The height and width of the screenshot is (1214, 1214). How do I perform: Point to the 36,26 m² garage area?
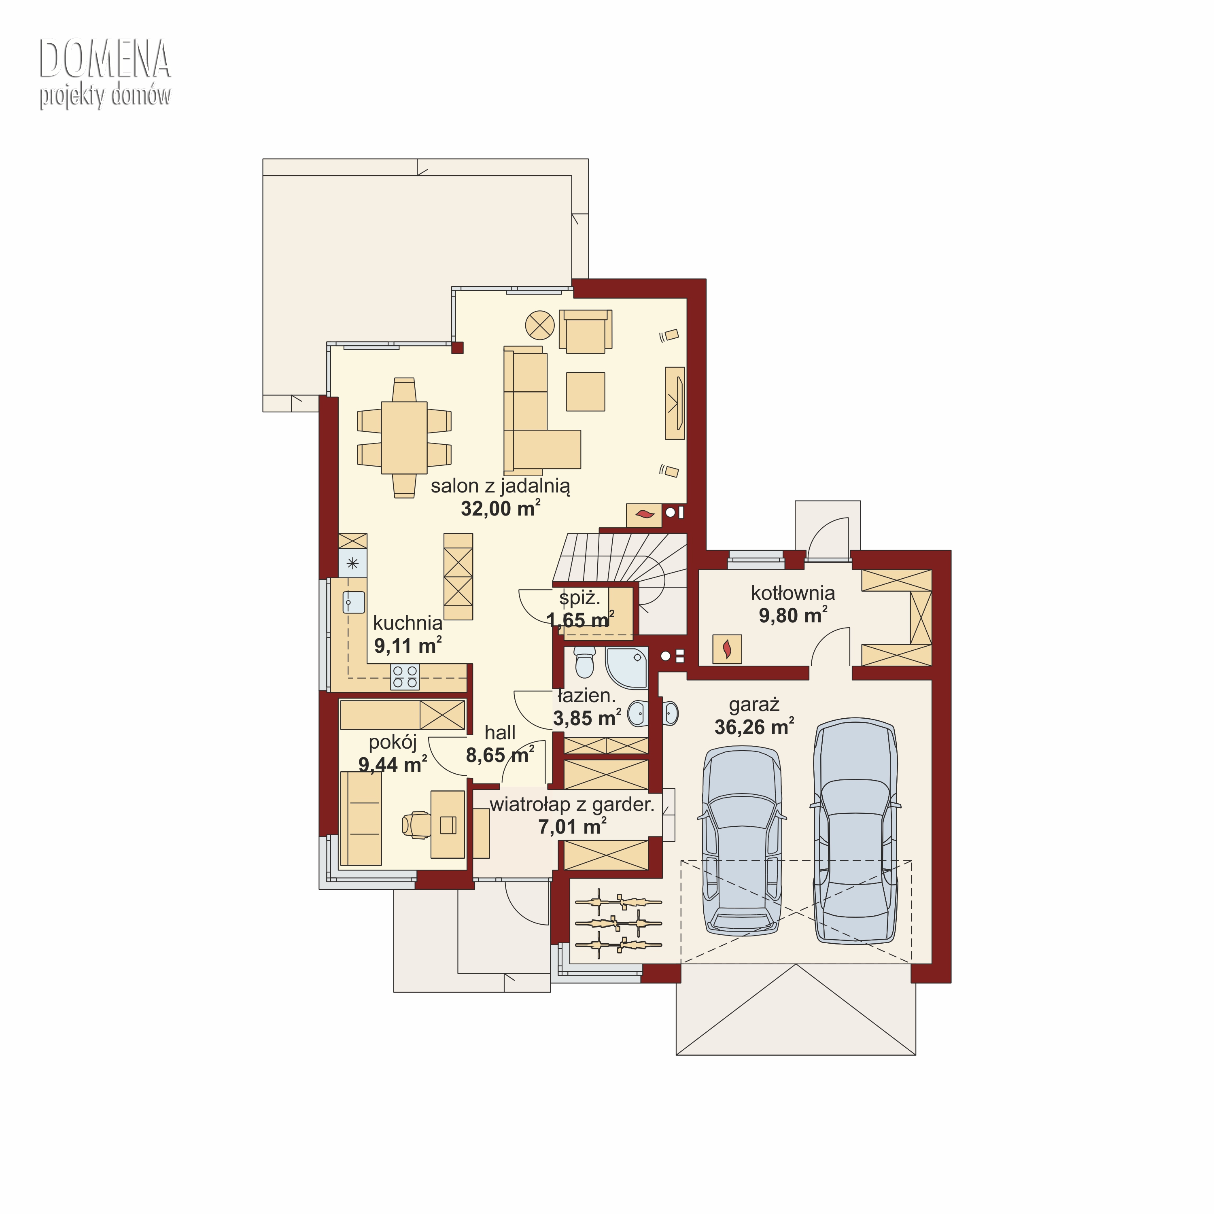(754, 726)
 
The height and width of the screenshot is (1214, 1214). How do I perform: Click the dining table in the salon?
(404, 437)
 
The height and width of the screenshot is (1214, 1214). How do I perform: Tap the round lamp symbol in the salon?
(540, 325)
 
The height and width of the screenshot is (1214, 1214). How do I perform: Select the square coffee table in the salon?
(585, 391)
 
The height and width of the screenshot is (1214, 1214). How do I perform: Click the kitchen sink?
(353, 602)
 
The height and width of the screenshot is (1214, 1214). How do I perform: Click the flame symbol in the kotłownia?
(727, 649)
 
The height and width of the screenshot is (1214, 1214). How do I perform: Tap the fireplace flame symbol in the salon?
(645, 515)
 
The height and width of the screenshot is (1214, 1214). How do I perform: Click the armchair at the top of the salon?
(586, 331)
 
